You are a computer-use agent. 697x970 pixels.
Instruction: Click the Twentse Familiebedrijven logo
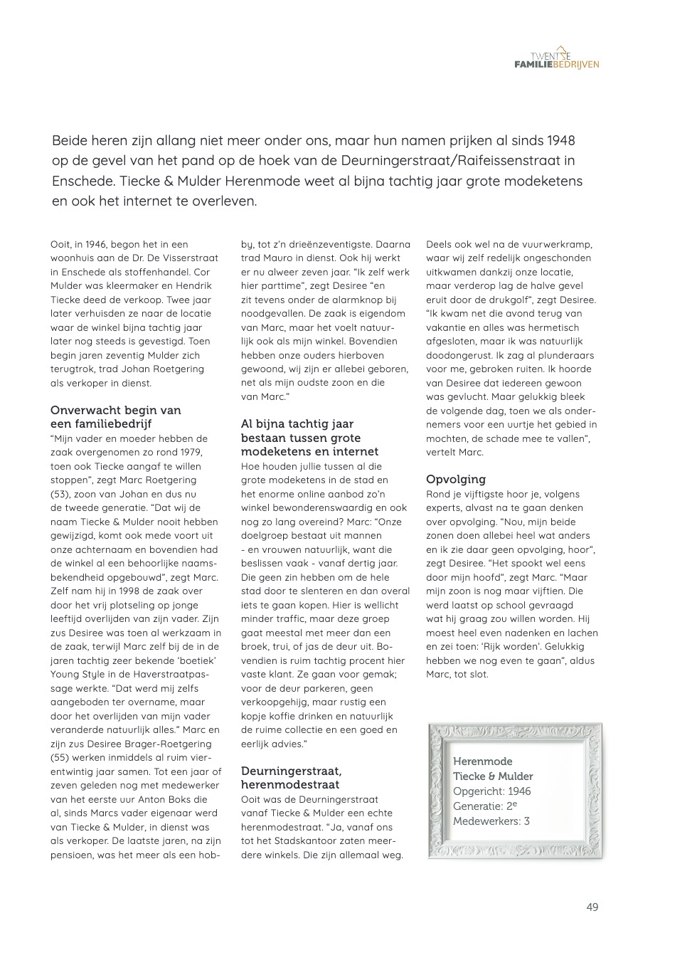(556, 58)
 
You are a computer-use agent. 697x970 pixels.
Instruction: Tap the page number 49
(592, 907)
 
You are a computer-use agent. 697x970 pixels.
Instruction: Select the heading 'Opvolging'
(456, 479)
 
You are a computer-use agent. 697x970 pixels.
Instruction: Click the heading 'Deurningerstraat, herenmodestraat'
(291, 777)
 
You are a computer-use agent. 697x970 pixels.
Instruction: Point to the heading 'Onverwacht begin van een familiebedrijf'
(115, 416)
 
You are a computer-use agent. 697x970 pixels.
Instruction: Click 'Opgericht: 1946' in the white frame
(491, 791)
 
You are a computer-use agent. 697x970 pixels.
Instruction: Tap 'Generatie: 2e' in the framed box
(484, 806)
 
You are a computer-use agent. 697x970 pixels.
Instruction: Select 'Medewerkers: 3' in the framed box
(491, 821)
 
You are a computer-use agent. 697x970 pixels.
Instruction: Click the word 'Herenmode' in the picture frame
(482, 761)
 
